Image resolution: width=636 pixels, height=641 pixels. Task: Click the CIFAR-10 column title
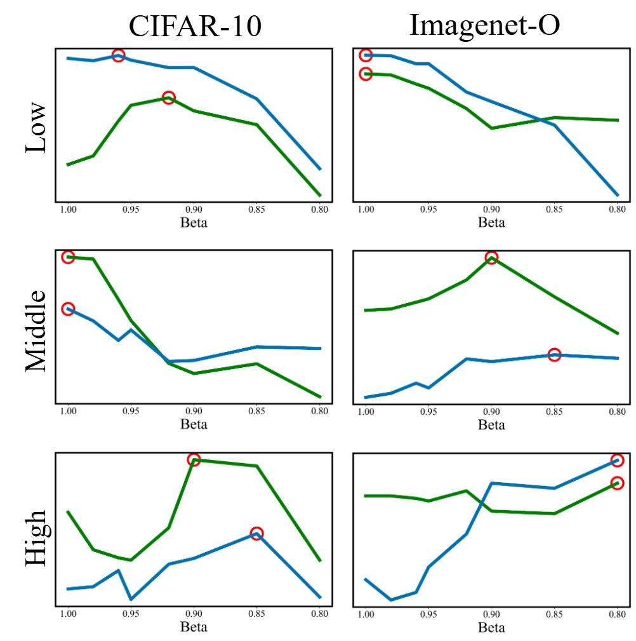point(194,26)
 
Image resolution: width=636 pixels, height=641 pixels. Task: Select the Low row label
point(36,126)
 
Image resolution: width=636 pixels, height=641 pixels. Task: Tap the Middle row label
point(36,330)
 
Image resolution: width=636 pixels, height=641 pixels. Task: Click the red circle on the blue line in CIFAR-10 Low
point(118,55)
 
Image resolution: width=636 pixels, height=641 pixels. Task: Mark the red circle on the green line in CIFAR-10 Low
point(168,97)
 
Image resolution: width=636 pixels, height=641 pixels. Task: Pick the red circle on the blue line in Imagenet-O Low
point(366,55)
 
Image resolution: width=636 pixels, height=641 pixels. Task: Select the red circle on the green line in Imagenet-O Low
point(366,74)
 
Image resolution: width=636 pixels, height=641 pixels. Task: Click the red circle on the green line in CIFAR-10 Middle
point(68,257)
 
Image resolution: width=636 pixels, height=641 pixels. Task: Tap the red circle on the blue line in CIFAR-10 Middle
point(68,309)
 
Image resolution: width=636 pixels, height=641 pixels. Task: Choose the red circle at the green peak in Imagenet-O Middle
point(491,257)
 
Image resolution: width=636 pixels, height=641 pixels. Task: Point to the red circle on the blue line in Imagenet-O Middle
point(554,354)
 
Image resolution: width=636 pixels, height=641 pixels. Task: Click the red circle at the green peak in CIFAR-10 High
point(194,459)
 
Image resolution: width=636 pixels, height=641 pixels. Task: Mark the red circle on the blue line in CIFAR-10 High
point(256,533)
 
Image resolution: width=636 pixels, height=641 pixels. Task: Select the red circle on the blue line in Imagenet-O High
point(617,460)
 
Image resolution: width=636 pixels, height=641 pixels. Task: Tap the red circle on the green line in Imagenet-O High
point(617,483)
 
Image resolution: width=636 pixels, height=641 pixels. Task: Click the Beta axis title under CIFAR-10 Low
point(194,222)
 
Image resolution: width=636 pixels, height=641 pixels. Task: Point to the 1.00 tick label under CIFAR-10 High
point(67,615)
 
